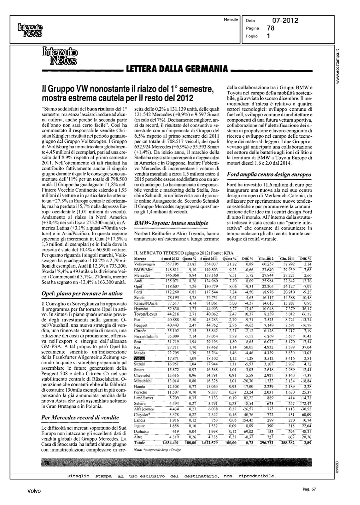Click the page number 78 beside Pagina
point(270,29)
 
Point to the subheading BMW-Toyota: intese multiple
point(171,223)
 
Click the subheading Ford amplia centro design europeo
point(269,175)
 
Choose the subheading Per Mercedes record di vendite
point(80,417)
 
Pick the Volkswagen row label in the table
point(144,264)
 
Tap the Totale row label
point(140,443)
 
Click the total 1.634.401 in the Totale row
point(170,443)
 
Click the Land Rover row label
point(144,398)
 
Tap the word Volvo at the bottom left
point(34,491)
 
